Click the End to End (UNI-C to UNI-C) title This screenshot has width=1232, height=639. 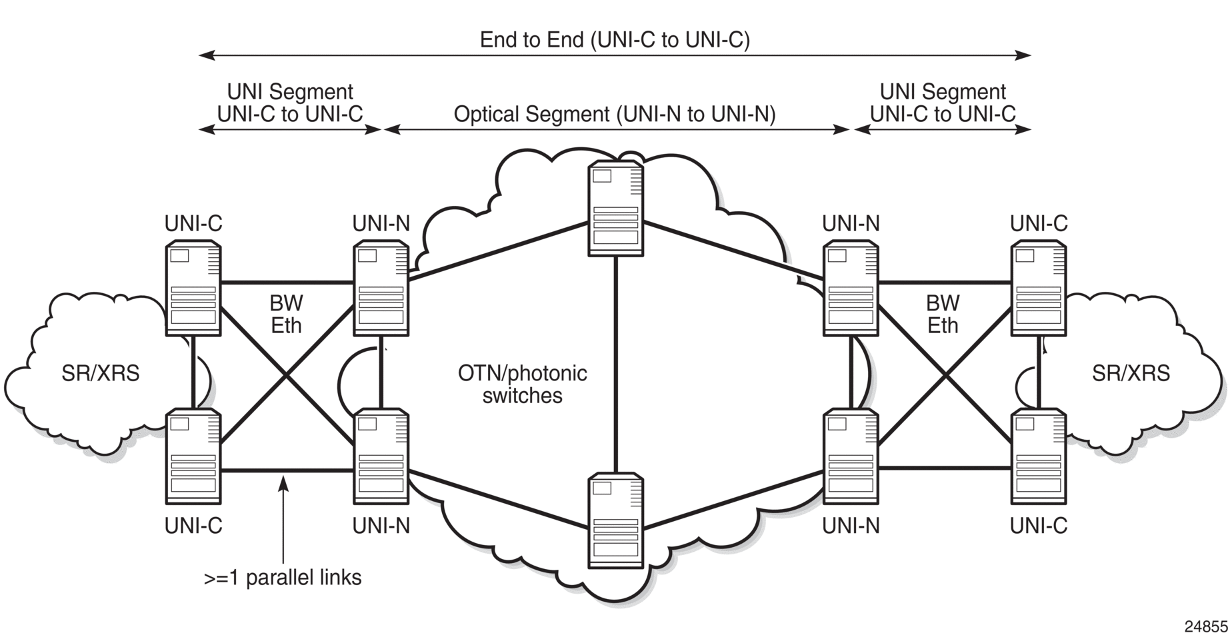pyautogui.click(x=615, y=40)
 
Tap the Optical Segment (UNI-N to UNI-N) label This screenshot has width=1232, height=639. pyautogui.click(x=615, y=115)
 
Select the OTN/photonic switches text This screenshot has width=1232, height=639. pyautogui.click(x=522, y=384)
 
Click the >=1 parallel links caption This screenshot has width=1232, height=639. pyautogui.click(x=283, y=577)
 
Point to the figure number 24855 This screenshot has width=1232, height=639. pyautogui.click(x=1206, y=626)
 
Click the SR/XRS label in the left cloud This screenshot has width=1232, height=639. pyautogui.click(x=101, y=373)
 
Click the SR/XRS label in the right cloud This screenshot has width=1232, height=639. pyautogui.click(x=1131, y=373)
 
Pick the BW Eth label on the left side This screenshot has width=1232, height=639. pyautogui.click(x=286, y=315)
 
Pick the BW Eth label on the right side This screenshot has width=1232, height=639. pyautogui.click(x=943, y=315)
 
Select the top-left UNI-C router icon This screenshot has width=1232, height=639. pyautogui.click(x=193, y=288)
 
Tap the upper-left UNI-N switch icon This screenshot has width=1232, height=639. pyautogui.click(x=381, y=288)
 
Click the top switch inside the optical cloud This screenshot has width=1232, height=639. pyautogui.click(x=616, y=208)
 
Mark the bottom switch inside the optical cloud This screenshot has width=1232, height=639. pyautogui.click(x=616, y=520)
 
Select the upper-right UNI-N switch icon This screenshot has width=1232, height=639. pyautogui.click(x=851, y=288)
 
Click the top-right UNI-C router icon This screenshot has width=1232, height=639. pyautogui.click(x=1039, y=288)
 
